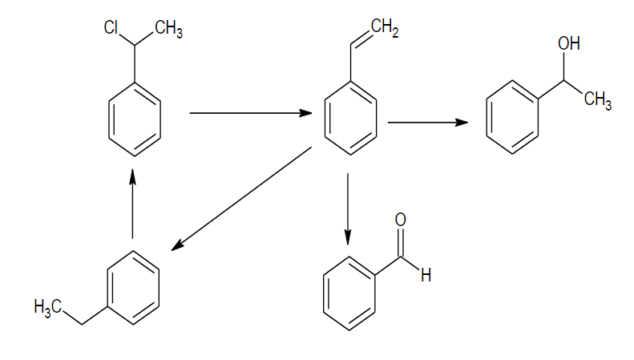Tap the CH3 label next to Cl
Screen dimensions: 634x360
[168, 30]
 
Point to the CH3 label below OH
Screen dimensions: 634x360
[598, 102]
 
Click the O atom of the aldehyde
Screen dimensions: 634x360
[401, 220]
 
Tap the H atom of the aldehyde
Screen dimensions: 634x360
[426, 276]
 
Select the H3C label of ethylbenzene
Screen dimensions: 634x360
[49, 306]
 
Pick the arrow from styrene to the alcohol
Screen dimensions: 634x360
[427, 123]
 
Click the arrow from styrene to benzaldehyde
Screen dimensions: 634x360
[348, 208]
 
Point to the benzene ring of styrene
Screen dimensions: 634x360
[350, 119]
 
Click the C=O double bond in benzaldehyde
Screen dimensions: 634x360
[401, 241]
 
